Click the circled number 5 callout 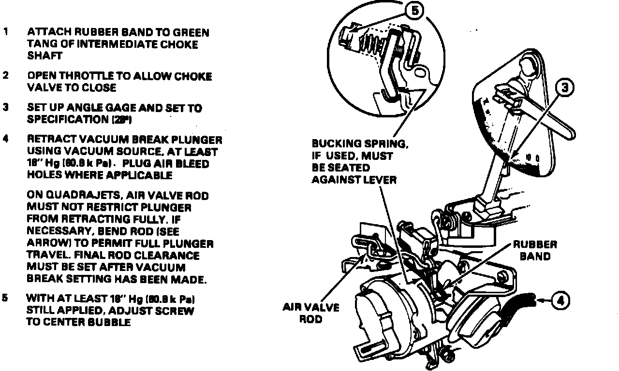(x=414, y=10)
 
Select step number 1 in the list (x=5, y=32)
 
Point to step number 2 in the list (x=5, y=76)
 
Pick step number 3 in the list (x=5, y=108)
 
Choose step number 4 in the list (x=5, y=140)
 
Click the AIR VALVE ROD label (x=311, y=314)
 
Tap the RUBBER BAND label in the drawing (x=535, y=251)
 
